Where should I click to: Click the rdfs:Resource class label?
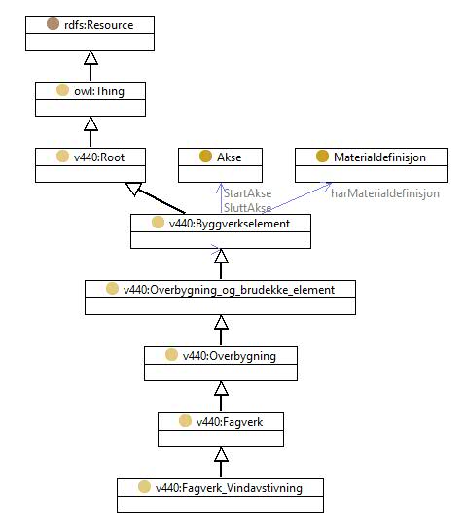click(x=98, y=25)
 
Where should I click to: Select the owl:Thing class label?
click(x=99, y=91)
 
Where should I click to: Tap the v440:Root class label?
click(x=99, y=157)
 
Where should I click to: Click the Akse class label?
click(x=230, y=157)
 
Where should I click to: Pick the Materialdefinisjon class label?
click(x=379, y=157)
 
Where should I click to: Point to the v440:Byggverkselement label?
click(x=230, y=224)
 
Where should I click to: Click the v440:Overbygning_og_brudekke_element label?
click(x=229, y=290)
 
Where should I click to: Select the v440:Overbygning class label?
click(x=230, y=356)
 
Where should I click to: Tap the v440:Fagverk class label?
click(x=230, y=422)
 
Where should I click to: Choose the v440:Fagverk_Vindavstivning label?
click(x=229, y=488)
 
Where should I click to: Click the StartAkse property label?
click(x=247, y=193)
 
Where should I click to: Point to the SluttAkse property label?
click(x=247, y=208)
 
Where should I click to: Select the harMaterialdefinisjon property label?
click(x=385, y=193)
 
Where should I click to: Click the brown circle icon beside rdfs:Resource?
click(x=53, y=24)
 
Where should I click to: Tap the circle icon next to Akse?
click(x=205, y=157)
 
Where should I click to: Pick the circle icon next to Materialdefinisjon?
click(x=322, y=157)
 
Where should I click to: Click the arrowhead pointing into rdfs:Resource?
click(x=90, y=57)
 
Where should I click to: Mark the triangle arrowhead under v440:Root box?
click(x=134, y=189)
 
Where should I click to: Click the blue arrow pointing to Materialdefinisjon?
click(x=300, y=197)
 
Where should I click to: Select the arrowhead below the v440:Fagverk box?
click(x=221, y=455)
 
